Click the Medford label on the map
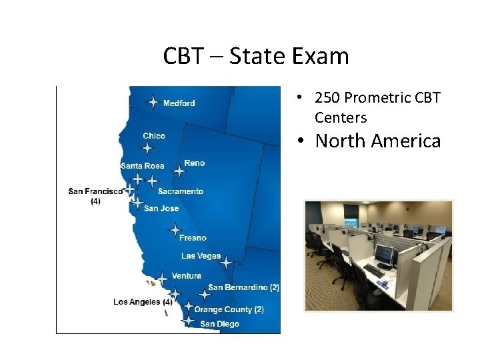pyautogui.click(x=179, y=103)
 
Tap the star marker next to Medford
pyautogui.click(x=153, y=102)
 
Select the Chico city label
pyautogui.click(x=154, y=136)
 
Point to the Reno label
pyautogui.click(x=194, y=163)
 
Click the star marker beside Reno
pyautogui.click(x=179, y=171)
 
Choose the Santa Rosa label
pyautogui.click(x=142, y=165)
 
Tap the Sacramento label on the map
pyautogui.click(x=181, y=191)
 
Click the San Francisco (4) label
pyautogui.click(x=95, y=195)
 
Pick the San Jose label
pyautogui.click(x=161, y=209)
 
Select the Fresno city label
pyautogui.click(x=193, y=237)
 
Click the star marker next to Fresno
pyautogui.click(x=175, y=231)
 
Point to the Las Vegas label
pyautogui.click(x=201, y=256)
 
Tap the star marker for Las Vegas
pyautogui.click(x=226, y=263)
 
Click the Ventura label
pyautogui.click(x=186, y=276)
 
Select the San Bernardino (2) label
pyautogui.click(x=243, y=287)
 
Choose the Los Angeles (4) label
pyautogui.click(x=143, y=302)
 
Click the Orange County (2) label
pyautogui.click(x=229, y=309)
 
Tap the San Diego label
pyautogui.click(x=219, y=324)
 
